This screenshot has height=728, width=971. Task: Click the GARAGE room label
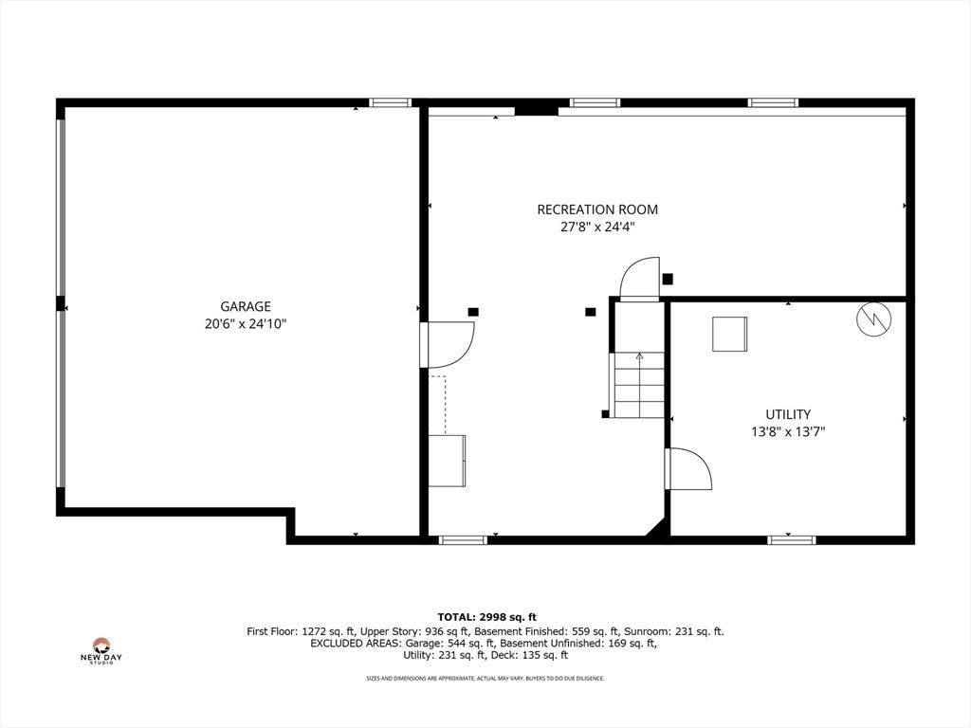(246, 306)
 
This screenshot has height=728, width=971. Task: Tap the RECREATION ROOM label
(597, 209)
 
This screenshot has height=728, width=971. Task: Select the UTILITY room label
(788, 415)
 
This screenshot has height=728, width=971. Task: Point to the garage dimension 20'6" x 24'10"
(246, 324)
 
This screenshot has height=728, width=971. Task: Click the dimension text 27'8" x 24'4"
(597, 227)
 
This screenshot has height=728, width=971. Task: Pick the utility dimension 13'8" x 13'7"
(788, 432)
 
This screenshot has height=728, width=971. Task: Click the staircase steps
(639, 385)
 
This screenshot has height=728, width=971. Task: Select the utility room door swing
(688, 468)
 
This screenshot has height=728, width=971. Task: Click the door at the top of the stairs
(640, 279)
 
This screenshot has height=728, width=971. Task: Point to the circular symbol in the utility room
(873, 318)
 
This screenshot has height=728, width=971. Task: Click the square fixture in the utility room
(729, 335)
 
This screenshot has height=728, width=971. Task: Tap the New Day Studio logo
(101, 651)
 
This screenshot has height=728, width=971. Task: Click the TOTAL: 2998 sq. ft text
(486, 617)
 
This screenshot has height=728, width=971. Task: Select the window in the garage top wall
(390, 102)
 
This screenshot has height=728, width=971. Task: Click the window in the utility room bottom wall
(792, 540)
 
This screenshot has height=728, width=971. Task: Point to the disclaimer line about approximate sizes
(485, 679)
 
